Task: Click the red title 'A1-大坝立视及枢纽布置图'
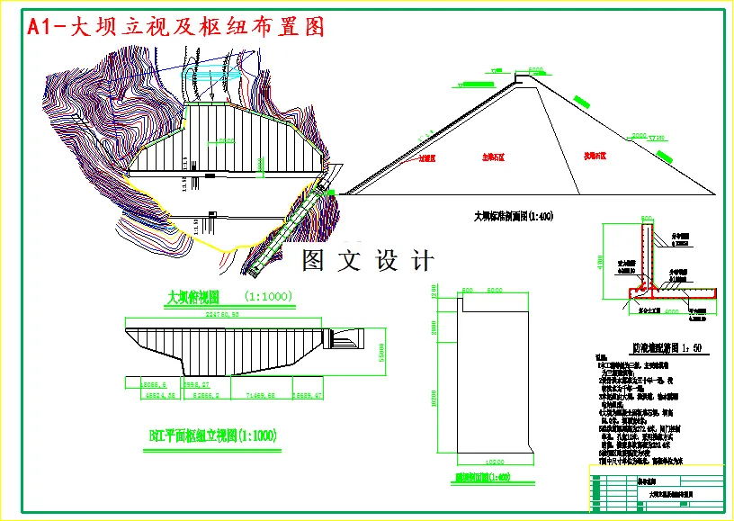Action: pos(176,27)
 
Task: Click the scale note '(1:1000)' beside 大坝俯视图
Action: pos(268,296)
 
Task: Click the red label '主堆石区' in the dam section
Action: pos(494,157)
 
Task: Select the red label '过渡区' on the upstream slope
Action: pos(427,157)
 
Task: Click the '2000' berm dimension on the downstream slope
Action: pos(639,135)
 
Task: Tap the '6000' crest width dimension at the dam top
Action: pos(536,69)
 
